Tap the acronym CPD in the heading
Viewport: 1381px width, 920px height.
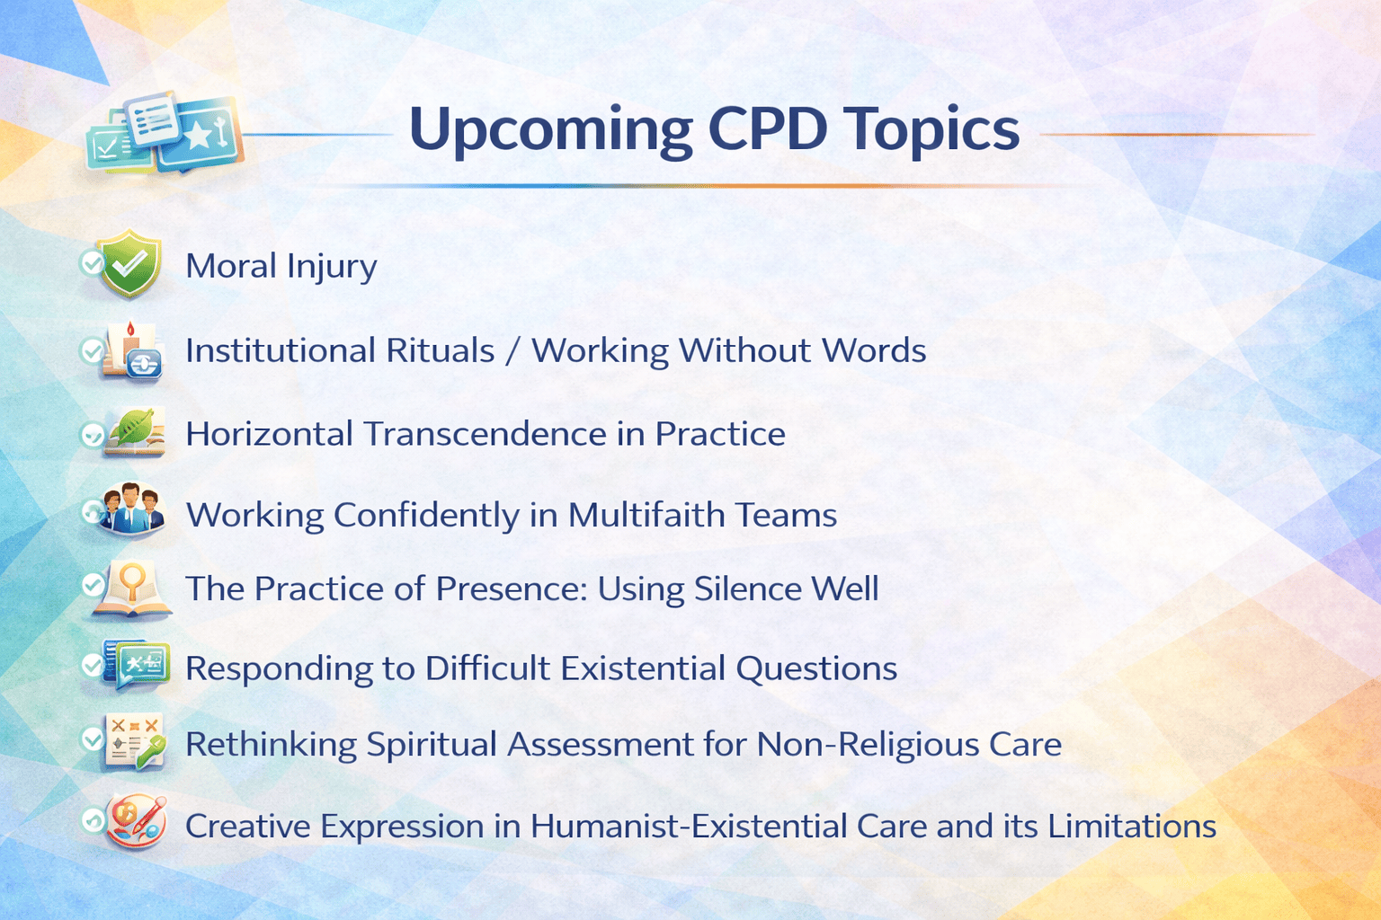[x=768, y=128]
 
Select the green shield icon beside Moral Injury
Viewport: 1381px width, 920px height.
[x=131, y=263]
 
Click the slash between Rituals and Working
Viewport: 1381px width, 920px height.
[x=513, y=350]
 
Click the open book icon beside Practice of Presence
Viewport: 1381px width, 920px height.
[x=132, y=589]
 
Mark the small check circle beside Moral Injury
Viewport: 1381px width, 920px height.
[x=93, y=264]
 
